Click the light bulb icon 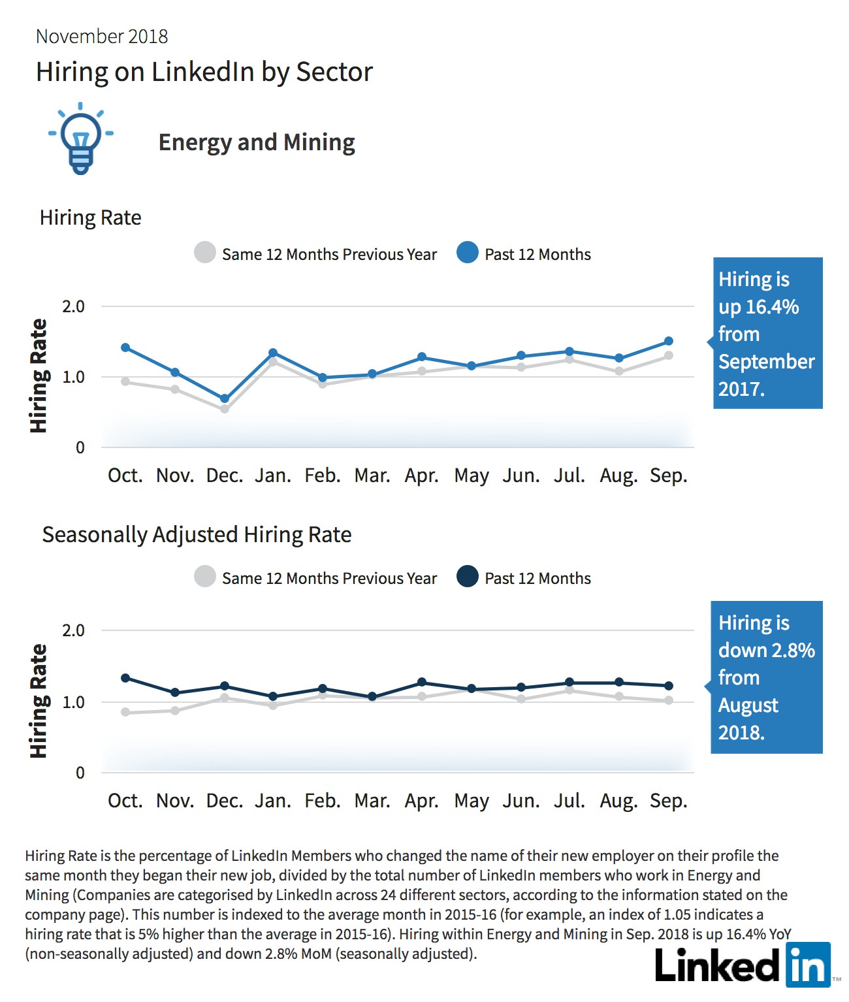click(x=81, y=138)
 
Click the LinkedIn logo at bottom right click(x=743, y=965)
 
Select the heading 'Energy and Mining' click(x=257, y=143)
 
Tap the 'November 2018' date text click(x=102, y=37)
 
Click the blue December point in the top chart click(x=225, y=398)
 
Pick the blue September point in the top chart click(x=669, y=341)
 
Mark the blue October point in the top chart click(x=125, y=347)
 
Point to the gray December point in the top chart click(x=225, y=409)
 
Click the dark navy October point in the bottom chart click(x=125, y=678)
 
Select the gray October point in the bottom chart click(x=125, y=712)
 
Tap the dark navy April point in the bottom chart click(x=422, y=682)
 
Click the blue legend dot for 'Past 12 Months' click(x=468, y=253)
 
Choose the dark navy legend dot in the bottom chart click(x=468, y=576)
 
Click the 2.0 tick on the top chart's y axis click(x=73, y=306)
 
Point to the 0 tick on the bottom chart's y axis click(x=80, y=773)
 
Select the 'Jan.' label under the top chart click(x=273, y=476)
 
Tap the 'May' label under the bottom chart click(x=472, y=801)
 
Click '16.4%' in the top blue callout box click(x=772, y=307)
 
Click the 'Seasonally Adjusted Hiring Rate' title click(x=197, y=535)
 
